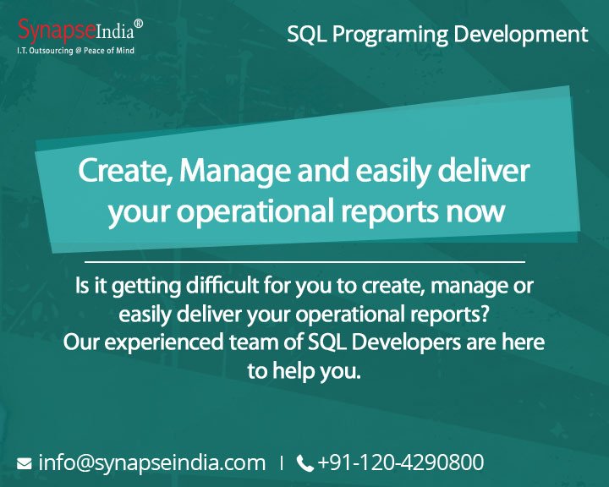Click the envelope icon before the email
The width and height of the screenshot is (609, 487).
(24, 463)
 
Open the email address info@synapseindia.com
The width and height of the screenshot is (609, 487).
(152, 462)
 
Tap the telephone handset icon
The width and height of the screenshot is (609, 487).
(305, 463)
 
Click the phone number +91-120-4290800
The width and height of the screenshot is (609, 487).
(401, 462)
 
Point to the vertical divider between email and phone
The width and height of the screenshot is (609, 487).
(282, 463)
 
